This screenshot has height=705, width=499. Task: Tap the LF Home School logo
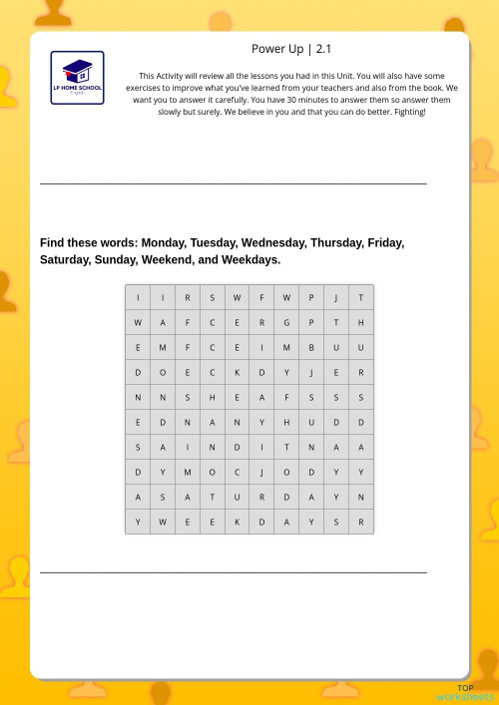[77, 78]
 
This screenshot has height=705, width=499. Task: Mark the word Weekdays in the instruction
[249, 259]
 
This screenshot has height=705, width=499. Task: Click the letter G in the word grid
[286, 322]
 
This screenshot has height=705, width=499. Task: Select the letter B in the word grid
[311, 347]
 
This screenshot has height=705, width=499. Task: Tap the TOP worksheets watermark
[465, 693]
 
